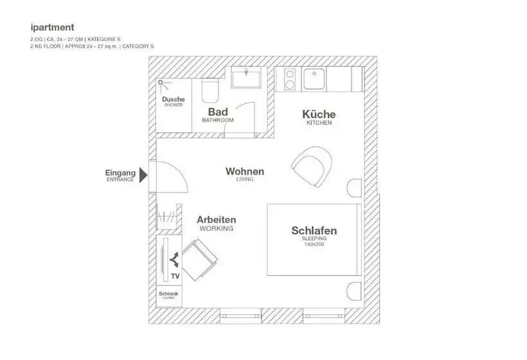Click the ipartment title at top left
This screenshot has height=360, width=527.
point(52,28)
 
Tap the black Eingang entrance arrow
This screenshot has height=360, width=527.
point(144,174)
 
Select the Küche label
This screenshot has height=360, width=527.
point(319,114)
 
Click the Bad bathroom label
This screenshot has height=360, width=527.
point(218,112)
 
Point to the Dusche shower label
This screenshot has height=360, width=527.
point(173,100)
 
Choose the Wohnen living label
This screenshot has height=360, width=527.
point(244,172)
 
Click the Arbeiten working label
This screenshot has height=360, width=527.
point(216,220)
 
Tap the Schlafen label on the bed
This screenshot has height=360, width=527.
point(314,231)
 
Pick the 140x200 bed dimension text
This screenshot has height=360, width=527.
point(314,244)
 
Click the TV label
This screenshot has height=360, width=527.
point(175,276)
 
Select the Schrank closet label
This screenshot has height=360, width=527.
point(168,294)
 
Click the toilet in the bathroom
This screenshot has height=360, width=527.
point(210,91)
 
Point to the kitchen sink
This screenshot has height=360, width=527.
point(314,79)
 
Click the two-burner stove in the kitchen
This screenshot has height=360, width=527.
point(290,78)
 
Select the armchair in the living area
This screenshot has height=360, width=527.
point(312,166)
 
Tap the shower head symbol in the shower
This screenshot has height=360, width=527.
point(161,82)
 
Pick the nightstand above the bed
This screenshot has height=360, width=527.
point(354,188)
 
